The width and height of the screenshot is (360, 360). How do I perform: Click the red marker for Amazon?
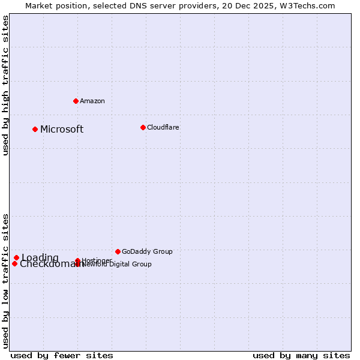click(76, 101)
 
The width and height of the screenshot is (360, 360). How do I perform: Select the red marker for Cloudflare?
click(143, 127)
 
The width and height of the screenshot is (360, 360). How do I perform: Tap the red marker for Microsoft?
click(35, 129)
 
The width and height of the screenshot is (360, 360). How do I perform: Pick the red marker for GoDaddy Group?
click(118, 251)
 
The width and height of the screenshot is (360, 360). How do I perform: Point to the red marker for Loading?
click(17, 258)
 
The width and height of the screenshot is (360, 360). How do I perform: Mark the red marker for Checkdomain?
click(15, 263)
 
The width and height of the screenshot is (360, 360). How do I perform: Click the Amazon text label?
click(92, 101)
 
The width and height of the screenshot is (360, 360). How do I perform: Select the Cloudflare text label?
click(163, 127)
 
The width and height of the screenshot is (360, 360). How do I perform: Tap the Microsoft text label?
click(62, 129)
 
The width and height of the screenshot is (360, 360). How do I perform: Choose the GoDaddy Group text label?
click(147, 251)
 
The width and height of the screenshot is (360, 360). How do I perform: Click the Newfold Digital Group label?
click(117, 265)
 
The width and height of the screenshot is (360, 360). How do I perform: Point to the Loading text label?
click(40, 258)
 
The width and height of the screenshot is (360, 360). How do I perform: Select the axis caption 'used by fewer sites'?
click(62, 355)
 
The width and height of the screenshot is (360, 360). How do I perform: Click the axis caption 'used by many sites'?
click(301, 355)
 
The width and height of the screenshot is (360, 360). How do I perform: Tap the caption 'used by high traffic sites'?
click(6, 85)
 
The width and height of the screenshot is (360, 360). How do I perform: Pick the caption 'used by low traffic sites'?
click(6, 280)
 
